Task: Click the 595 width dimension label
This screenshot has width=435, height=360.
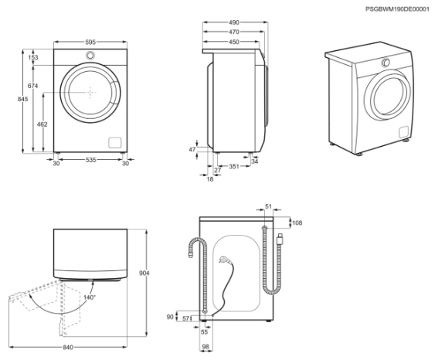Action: (90, 42)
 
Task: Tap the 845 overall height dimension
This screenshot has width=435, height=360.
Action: (22, 99)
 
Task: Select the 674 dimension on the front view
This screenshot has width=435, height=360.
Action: (32, 86)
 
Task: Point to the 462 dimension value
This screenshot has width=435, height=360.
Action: (42, 124)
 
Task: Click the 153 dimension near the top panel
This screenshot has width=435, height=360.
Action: (33, 57)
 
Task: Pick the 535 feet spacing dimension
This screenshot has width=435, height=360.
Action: (90, 160)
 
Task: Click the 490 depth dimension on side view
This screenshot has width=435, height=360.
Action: (234, 22)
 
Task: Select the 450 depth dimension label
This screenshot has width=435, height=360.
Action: (234, 42)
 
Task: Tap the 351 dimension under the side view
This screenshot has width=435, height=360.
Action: (234, 166)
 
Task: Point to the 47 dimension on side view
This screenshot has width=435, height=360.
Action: (192, 150)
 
